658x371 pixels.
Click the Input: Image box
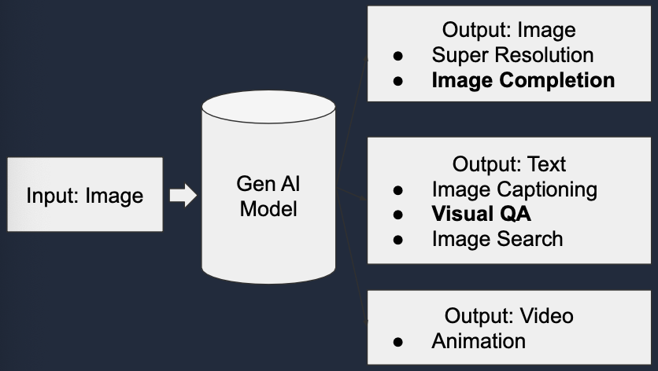click(x=85, y=195)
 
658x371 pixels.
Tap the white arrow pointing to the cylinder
click(x=183, y=195)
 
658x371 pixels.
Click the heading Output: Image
click(x=508, y=31)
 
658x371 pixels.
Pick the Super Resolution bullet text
click(x=512, y=55)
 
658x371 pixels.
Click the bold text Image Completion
click(x=523, y=80)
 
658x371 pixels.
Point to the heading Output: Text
click(x=508, y=164)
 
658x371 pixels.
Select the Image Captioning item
click(x=514, y=189)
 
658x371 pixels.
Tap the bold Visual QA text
click(x=482, y=214)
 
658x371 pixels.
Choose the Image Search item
click(x=497, y=239)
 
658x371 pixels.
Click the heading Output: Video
click(x=508, y=316)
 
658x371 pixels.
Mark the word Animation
click(x=479, y=341)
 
